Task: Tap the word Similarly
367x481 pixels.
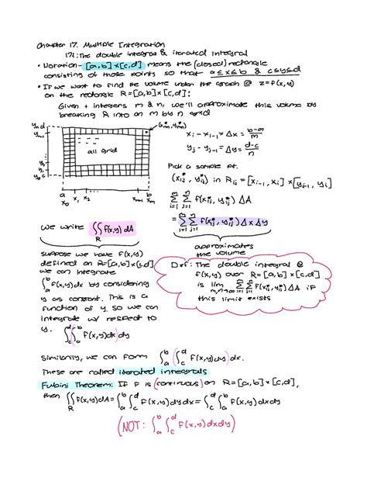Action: pos(61,358)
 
